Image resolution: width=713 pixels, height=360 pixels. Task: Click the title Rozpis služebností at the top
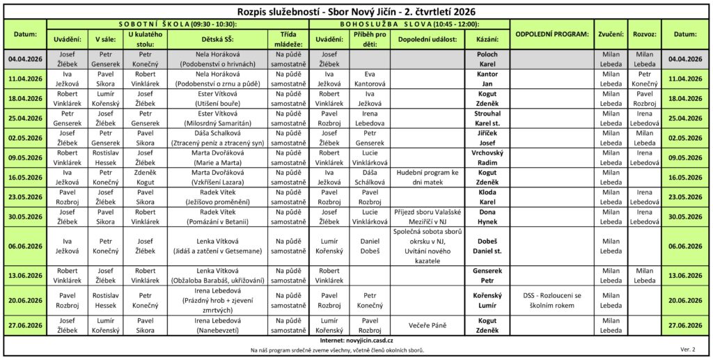pos(356,11)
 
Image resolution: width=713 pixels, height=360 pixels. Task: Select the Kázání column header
pos(487,40)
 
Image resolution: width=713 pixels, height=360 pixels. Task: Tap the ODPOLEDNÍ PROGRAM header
pos(552,33)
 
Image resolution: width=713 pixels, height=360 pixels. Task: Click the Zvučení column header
pos(611,33)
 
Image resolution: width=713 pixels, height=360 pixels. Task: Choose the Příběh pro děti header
pos(370,40)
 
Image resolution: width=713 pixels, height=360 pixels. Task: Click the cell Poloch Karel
pos(487,59)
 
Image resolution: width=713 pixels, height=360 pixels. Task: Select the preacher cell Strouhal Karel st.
pos(487,118)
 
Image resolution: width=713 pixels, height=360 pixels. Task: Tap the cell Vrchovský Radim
pos(487,157)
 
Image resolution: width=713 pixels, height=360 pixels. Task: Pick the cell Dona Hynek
pos(487,216)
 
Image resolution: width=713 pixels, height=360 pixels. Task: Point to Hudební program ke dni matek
pos(428,177)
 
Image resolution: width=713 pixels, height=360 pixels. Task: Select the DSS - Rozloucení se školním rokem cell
pos(552,299)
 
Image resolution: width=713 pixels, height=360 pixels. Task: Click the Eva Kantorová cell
pos(370,79)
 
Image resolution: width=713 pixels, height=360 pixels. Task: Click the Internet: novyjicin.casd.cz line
pos(356,341)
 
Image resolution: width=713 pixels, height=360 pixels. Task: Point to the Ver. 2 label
pos(687,349)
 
